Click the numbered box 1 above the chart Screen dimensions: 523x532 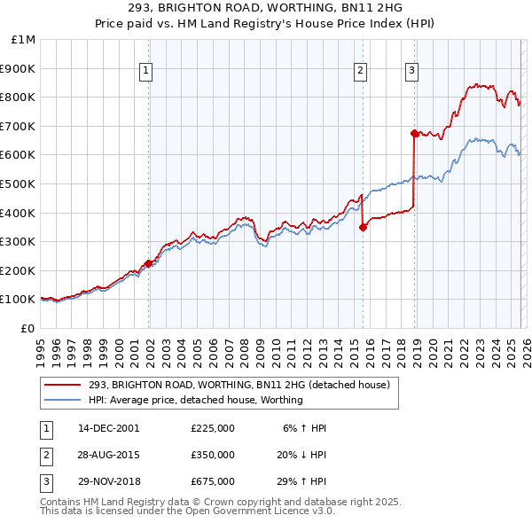pos(145,73)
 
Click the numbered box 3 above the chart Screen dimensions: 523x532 pos(412,73)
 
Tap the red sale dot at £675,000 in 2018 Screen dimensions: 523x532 pos(414,133)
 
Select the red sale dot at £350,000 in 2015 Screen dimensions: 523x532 pos(363,227)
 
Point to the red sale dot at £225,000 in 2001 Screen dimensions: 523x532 pos(148,263)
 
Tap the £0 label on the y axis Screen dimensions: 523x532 pos(27,328)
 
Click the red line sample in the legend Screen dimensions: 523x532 pos(62,385)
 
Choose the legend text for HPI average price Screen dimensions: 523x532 pos(196,400)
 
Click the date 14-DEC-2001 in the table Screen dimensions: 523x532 pos(108,428)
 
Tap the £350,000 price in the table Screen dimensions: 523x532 pos(213,455)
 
